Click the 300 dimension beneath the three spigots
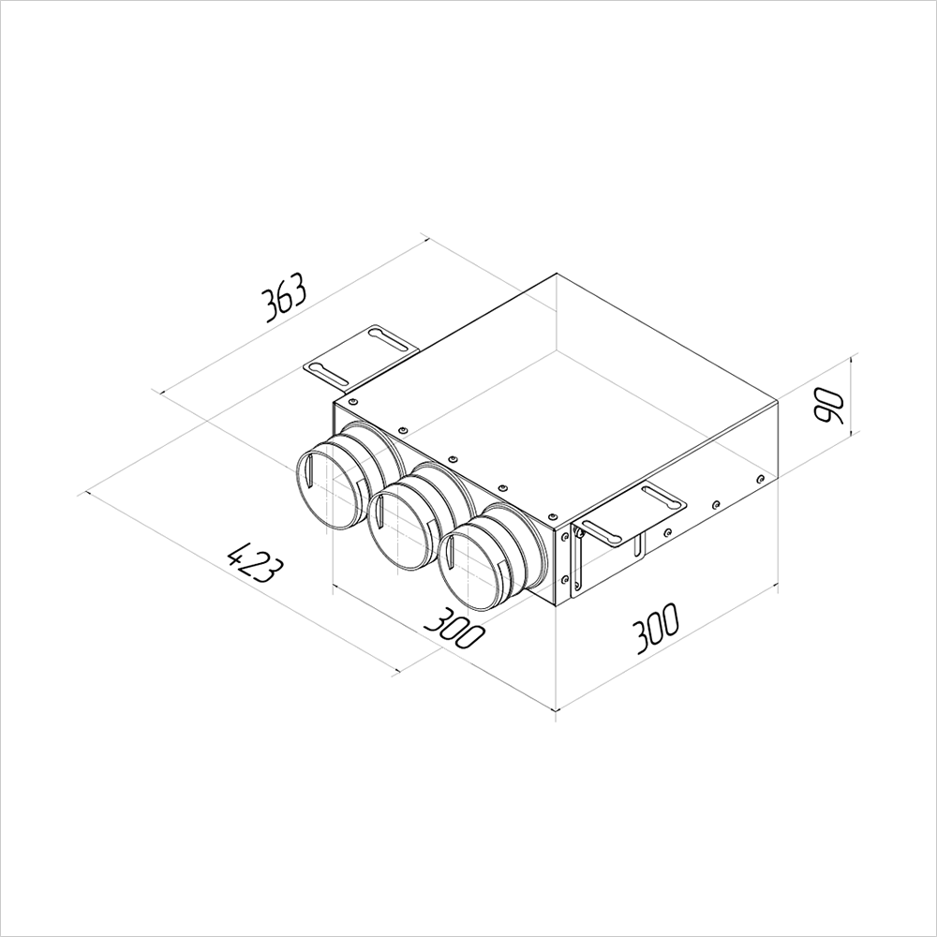(x=454, y=629)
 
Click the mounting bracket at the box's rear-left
(x=361, y=353)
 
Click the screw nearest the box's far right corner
(x=761, y=479)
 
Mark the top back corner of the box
(x=558, y=274)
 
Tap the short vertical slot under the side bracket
(x=640, y=547)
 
